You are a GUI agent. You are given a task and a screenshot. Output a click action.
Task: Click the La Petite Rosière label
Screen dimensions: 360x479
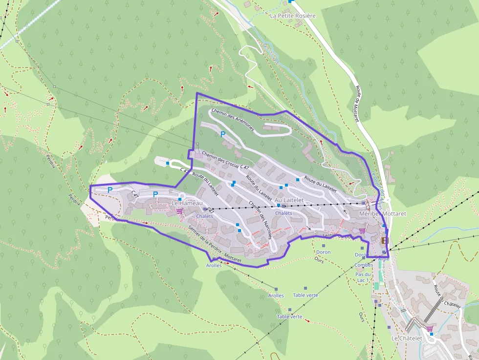point(293,16)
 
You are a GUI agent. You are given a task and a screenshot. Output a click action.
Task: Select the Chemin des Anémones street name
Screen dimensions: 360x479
point(233,119)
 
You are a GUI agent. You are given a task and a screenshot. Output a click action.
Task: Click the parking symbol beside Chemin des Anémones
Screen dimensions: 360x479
point(223,134)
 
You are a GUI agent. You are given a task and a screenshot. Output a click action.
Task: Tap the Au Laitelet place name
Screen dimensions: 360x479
point(289,200)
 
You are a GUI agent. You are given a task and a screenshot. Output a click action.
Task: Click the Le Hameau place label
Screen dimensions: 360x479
point(187,203)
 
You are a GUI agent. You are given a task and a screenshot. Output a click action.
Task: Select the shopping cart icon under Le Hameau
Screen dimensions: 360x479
point(180,211)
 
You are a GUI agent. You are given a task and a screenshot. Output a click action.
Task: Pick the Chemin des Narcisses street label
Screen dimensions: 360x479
point(261,220)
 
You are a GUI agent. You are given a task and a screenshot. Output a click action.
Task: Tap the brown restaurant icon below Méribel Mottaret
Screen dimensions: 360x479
point(385,240)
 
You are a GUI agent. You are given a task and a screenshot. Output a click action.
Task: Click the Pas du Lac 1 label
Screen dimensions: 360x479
point(362,277)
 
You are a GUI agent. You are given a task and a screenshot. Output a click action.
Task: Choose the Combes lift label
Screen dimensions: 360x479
point(363,265)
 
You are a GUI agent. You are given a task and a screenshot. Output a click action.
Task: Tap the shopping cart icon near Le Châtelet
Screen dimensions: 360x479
point(429,328)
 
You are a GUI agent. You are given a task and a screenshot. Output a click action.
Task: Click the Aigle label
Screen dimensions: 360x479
point(384,259)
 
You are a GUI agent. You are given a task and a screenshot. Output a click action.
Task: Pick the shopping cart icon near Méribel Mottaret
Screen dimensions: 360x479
point(362,230)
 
